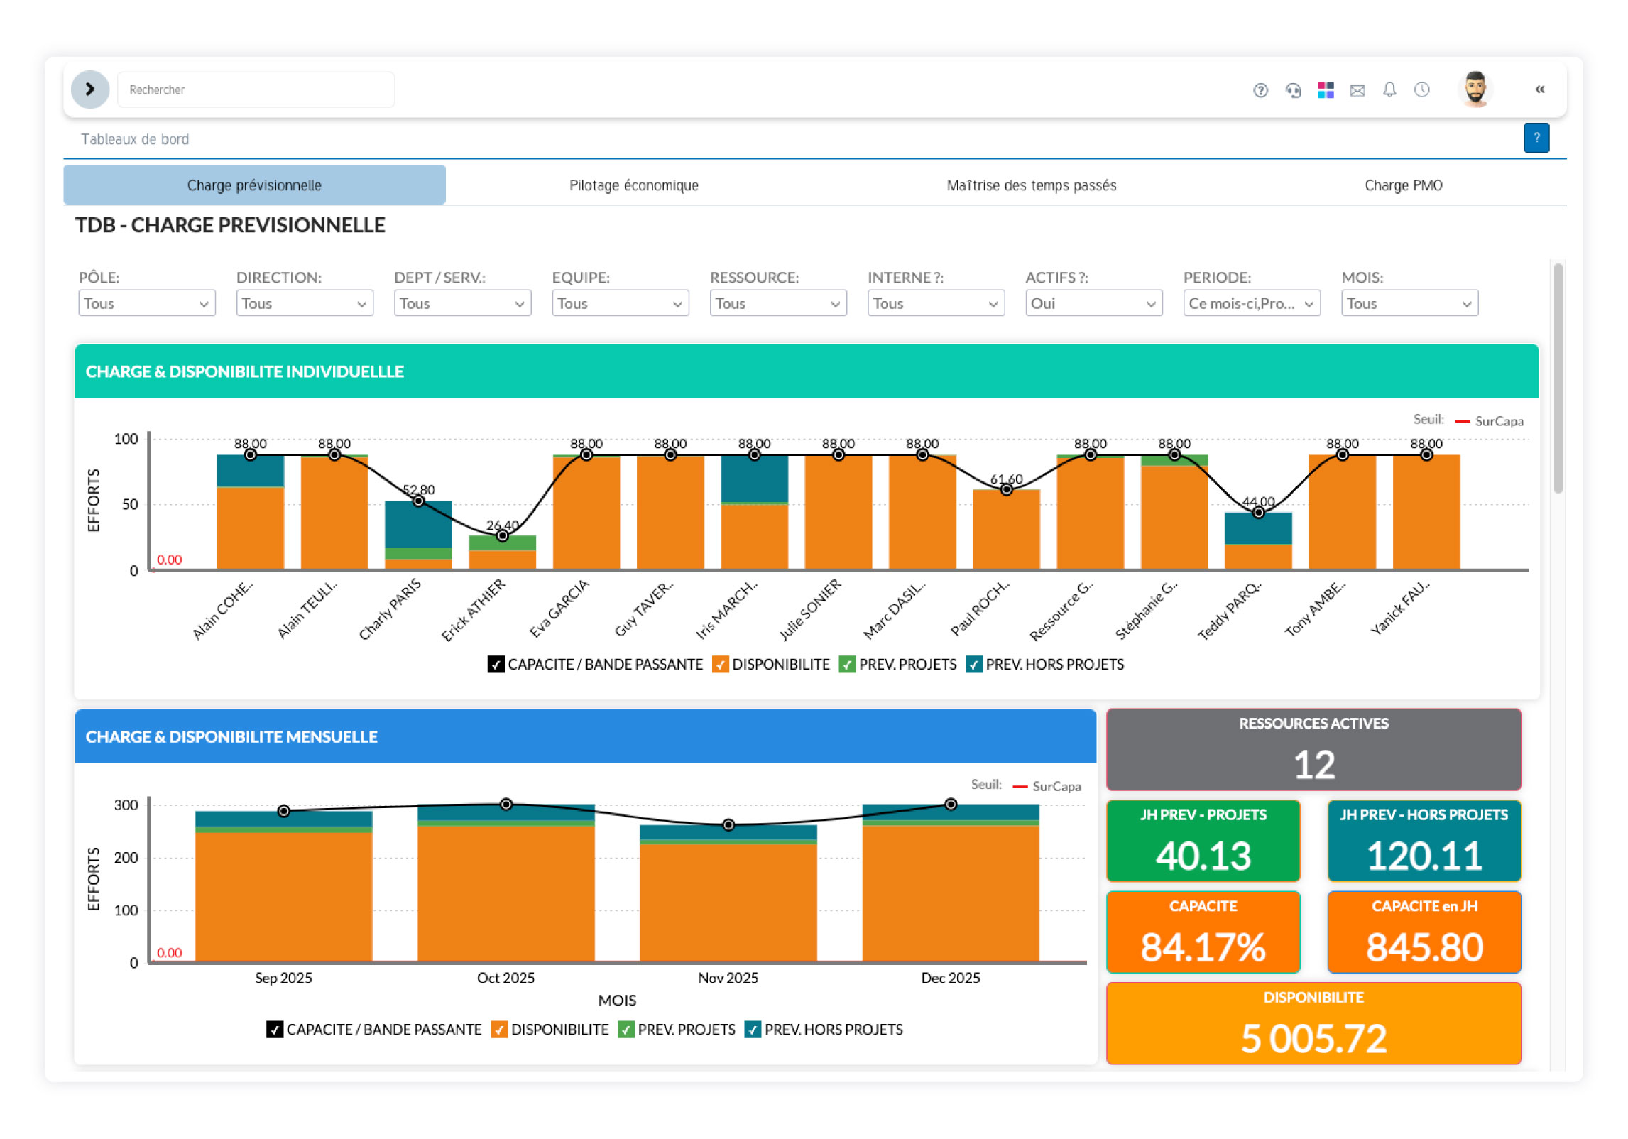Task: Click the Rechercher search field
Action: tap(256, 89)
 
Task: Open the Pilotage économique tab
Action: tap(633, 185)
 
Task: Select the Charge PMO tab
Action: tap(1402, 185)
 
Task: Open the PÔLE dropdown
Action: tap(146, 303)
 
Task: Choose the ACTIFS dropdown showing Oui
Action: tap(1093, 303)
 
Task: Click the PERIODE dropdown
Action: tap(1251, 303)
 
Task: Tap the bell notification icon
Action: tap(1389, 89)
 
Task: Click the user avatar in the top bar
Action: tap(1475, 89)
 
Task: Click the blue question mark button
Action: tap(1536, 138)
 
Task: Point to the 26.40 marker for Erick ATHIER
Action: tap(502, 536)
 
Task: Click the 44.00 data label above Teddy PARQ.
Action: tap(1257, 501)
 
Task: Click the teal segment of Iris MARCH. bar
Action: tap(754, 479)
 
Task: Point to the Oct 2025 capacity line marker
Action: tap(506, 805)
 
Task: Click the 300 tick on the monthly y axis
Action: tap(126, 805)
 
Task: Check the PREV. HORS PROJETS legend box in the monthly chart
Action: tap(753, 1030)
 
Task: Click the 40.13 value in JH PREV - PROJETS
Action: tap(1203, 856)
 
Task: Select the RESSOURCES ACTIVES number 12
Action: tap(1313, 765)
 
